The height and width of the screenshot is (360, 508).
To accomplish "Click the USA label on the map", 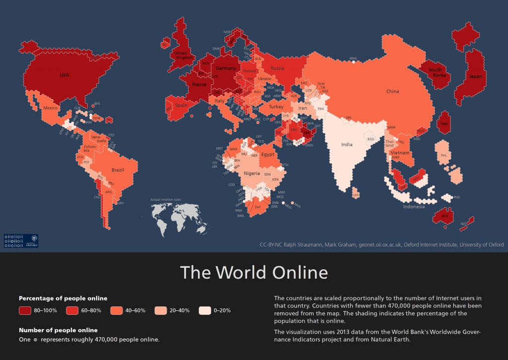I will [x=64, y=75].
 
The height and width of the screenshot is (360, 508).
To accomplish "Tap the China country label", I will [x=393, y=91].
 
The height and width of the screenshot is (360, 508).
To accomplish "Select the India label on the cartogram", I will [x=347, y=144].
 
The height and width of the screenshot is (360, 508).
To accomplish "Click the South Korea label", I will [x=435, y=73].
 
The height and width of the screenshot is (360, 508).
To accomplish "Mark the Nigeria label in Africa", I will [x=252, y=173].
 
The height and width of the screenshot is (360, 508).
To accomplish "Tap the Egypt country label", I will [x=268, y=154].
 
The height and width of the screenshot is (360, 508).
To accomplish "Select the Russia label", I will [x=276, y=68].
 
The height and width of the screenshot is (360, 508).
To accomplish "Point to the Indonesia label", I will [x=414, y=207].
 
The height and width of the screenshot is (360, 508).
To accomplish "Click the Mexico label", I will [x=51, y=108].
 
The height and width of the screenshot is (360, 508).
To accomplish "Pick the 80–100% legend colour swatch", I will [x=26, y=310].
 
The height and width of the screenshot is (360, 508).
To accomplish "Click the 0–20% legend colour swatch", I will [x=205, y=310].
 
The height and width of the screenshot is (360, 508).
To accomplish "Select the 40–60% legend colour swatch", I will [x=116, y=310].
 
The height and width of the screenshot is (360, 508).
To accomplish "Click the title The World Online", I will [x=254, y=273].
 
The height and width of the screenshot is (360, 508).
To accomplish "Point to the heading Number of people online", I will [x=58, y=330].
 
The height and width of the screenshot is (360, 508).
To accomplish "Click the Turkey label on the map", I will [x=276, y=107].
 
